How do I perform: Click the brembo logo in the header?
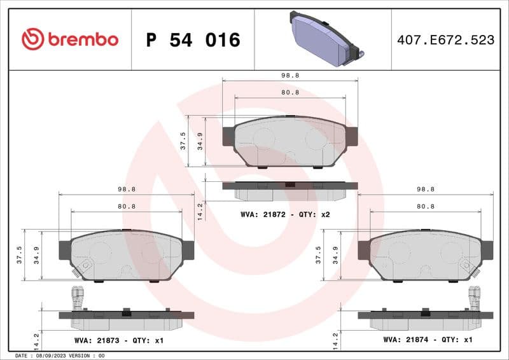[x=69, y=39]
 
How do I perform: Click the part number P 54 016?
[x=193, y=40]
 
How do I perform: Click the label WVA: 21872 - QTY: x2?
[x=284, y=215]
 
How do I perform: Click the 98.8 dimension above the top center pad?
[x=290, y=75]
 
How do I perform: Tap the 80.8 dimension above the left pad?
[x=127, y=206]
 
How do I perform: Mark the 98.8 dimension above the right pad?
[x=425, y=190]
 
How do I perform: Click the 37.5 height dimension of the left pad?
[x=19, y=254]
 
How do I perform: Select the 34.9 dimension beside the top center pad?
[x=200, y=141]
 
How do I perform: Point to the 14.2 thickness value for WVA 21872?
[x=200, y=209]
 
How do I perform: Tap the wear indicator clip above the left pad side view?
[x=78, y=297]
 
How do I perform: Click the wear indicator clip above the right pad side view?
[x=474, y=297]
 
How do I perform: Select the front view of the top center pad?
[x=290, y=141]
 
